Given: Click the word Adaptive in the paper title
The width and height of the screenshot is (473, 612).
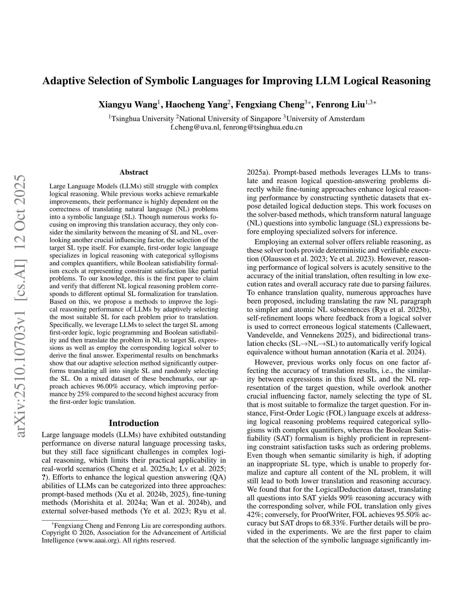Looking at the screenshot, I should [x=63, y=81].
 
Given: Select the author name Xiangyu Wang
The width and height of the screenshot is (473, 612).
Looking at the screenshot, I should [x=127, y=105].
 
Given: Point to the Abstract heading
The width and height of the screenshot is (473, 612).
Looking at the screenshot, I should [x=134, y=172].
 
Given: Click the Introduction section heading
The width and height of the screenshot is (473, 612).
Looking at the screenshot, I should [x=134, y=423].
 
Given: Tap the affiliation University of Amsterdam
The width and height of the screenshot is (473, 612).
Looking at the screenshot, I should [x=325, y=118].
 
